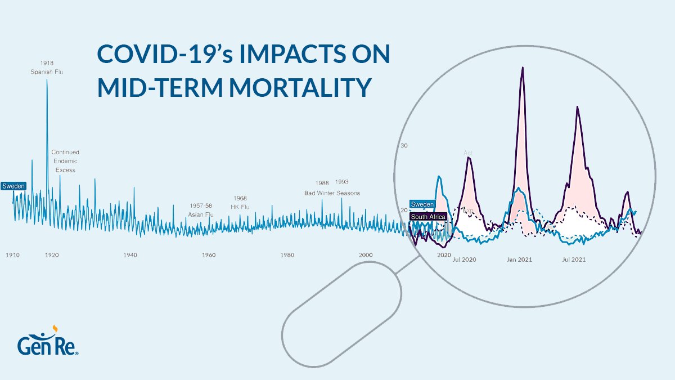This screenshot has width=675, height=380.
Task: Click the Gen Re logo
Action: point(47,342)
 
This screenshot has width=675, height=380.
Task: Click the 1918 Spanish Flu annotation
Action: point(47,68)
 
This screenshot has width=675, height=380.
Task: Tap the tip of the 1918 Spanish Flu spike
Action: point(47,79)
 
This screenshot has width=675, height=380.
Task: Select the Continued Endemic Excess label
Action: point(65,161)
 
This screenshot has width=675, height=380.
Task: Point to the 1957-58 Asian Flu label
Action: point(201,210)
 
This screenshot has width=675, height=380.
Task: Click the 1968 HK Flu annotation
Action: point(240,203)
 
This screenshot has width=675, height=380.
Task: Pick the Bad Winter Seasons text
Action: point(332,193)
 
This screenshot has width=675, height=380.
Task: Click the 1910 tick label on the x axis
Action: point(12,255)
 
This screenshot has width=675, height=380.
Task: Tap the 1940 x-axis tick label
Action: point(130,255)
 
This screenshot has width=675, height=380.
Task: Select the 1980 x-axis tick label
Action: point(287,255)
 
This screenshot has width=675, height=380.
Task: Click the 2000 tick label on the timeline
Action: point(366,255)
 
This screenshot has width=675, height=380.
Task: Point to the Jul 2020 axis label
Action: point(465,260)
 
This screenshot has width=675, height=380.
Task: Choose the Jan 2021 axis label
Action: point(519,260)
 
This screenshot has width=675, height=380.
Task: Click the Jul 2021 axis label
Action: point(574,260)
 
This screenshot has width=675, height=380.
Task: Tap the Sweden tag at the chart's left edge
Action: point(13,186)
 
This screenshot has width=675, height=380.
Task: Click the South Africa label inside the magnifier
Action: point(428,217)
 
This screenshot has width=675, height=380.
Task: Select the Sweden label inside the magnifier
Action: point(422,204)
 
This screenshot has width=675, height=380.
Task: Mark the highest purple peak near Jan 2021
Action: point(523,68)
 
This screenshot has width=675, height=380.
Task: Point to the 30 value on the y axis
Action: point(403,146)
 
